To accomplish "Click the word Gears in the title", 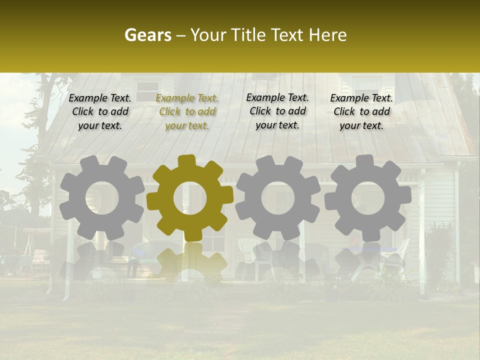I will [147, 35].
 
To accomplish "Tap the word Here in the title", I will [327, 35].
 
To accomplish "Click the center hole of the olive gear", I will [190, 198].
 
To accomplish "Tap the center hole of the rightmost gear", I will [367, 198].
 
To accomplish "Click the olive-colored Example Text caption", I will [187, 112].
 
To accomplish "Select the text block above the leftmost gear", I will [100, 112].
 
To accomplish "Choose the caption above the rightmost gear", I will [361, 112].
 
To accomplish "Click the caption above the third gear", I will [277, 111].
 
